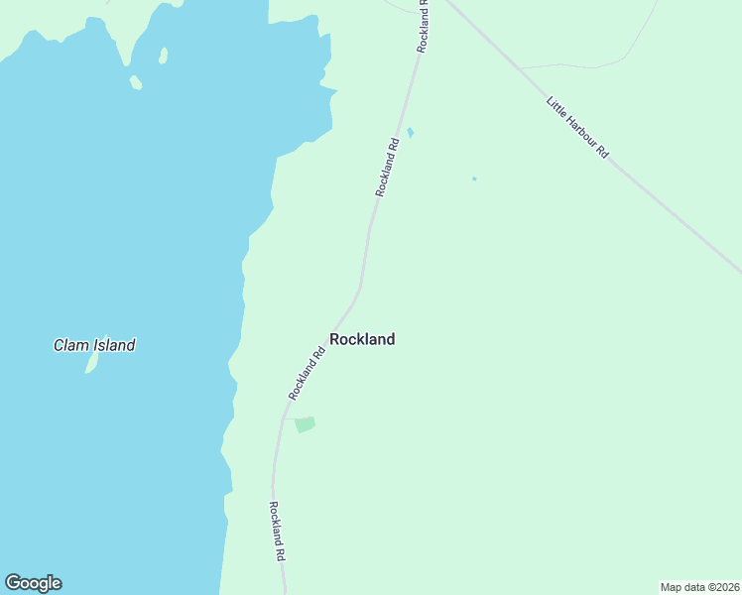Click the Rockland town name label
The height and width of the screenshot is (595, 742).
pyautogui.click(x=362, y=339)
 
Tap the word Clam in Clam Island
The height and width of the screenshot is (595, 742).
pyautogui.click(x=71, y=346)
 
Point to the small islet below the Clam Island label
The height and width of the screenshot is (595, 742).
pyautogui.click(x=92, y=364)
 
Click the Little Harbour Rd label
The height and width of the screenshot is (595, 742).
pyautogui.click(x=577, y=127)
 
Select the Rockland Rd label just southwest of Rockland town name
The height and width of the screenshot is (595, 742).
pyautogui.click(x=307, y=373)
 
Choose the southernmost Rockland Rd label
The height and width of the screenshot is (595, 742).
pyautogui.click(x=278, y=532)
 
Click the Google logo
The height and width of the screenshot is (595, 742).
pyautogui.click(x=33, y=583)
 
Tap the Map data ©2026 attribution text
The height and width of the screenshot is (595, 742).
pyautogui.click(x=699, y=586)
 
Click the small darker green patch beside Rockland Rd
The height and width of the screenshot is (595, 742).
pyautogui.click(x=305, y=424)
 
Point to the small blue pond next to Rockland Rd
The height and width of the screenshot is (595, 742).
pyautogui.click(x=410, y=133)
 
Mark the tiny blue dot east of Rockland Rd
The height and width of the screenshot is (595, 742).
pyautogui.click(x=474, y=178)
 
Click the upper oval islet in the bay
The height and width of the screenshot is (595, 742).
pyautogui.click(x=164, y=56)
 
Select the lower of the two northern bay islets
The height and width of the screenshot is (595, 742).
pyautogui.click(x=136, y=83)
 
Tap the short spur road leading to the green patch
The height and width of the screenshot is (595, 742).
pyautogui.click(x=288, y=418)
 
